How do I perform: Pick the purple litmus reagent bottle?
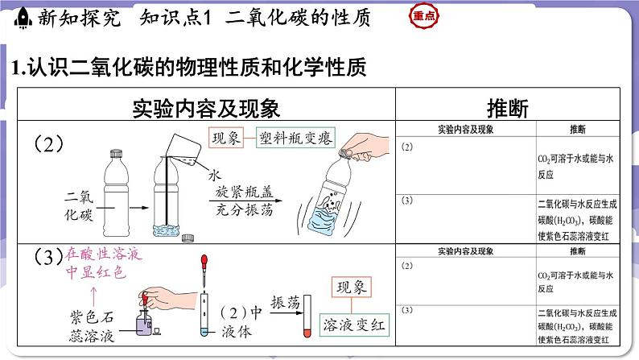tap(145, 324)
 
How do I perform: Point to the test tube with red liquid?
tap(307, 326)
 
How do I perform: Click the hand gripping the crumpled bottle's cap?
tap(378, 145)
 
